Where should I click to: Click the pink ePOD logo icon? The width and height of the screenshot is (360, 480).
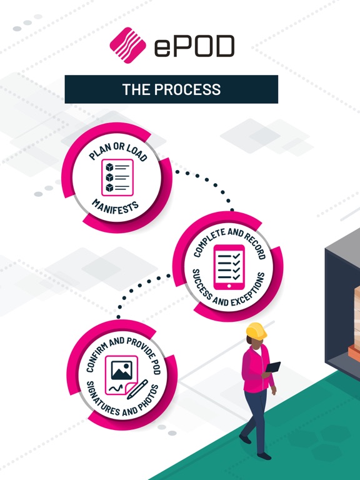click(127, 45)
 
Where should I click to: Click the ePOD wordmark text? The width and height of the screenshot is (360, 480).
click(194, 46)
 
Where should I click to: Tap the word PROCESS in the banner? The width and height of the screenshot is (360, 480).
click(187, 89)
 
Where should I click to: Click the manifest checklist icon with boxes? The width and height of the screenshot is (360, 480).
click(117, 177)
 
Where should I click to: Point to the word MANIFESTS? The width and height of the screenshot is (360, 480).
click(116, 207)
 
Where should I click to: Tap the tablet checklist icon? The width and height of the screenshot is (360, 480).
click(229, 267)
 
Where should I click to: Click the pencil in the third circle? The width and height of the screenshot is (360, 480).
click(137, 389)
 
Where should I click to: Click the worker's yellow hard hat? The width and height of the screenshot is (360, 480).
click(256, 331)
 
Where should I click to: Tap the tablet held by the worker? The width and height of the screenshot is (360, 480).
click(272, 367)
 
